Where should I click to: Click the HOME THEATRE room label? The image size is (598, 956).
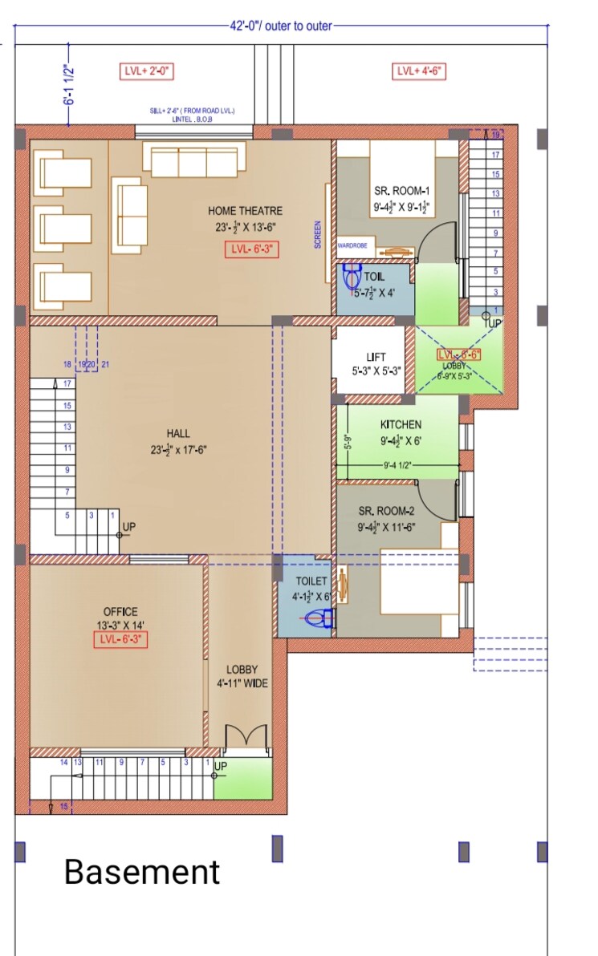(x=245, y=211)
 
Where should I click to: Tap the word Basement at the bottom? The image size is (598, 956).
(x=141, y=872)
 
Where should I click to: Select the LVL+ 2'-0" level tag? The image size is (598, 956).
(x=145, y=71)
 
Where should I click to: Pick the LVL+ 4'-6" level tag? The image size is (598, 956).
(x=419, y=71)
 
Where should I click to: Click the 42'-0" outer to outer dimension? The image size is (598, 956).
(x=280, y=26)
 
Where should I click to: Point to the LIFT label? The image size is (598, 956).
(x=375, y=357)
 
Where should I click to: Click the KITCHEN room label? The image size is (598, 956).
(x=401, y=424)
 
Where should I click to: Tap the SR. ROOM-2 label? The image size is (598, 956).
(x=386, y=510)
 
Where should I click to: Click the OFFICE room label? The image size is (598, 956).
(x=120, y=611)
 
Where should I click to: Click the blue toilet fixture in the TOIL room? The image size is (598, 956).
(x=352, y=277)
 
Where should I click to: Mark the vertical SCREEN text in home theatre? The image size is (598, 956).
(x=318, y=234)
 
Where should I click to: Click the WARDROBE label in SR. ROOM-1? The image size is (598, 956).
(x=352, y=246)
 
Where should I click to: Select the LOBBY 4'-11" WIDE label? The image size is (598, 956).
(x=242, y=676)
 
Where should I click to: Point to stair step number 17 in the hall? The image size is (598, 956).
(x=67, y=383)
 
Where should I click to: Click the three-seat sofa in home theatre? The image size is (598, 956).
(x=194, y=161)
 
